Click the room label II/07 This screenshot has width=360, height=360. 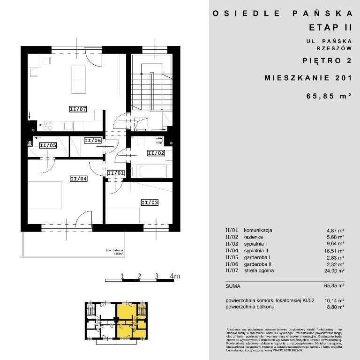(78, 109)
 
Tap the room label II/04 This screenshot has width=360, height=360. (78, 178)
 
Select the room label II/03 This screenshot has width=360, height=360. (150, 202)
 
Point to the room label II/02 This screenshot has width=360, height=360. (156, 153)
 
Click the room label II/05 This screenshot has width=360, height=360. (48, 145)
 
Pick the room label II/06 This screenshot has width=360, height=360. (92, 140)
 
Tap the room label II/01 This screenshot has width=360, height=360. (116, 173)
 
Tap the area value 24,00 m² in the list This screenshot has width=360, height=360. (336, 271)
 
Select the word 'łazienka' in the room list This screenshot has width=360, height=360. (253, 237)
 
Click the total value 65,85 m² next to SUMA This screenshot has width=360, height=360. (336, 285)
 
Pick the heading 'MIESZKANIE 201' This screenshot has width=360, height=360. (308, 78)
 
